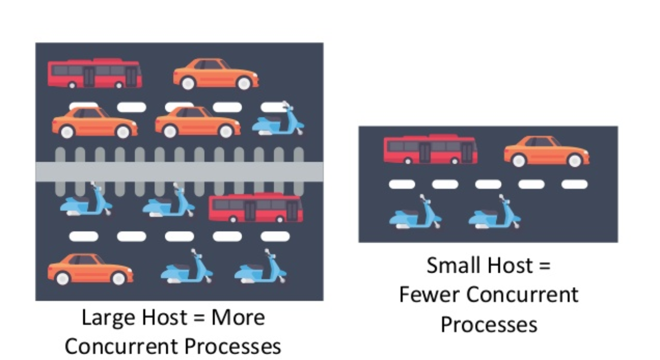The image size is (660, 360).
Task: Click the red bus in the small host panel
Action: pyautogui.click(x=431, y=149)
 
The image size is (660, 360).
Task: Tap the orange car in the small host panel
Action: pyautogui.click(x=546, y=151)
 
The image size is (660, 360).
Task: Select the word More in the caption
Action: pyautogui.click(x=238, y=318)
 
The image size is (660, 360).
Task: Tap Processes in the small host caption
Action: pyautogui.click(x=488, y=324)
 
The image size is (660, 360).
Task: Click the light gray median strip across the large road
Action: pyautogui.click(x=179, y=172)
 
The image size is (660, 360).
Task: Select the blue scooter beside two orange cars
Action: pyautogui.click(x=278, y=121)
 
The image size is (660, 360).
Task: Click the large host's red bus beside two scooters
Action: pyautogui.click(x=255, y=207)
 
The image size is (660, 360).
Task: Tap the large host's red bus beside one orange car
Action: pyautogui.click(x=95, y=73)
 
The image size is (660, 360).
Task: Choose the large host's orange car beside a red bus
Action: pyautogui.click(x=216, y=74)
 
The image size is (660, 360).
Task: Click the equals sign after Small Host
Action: pyautogui.click(x=544, y=266)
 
